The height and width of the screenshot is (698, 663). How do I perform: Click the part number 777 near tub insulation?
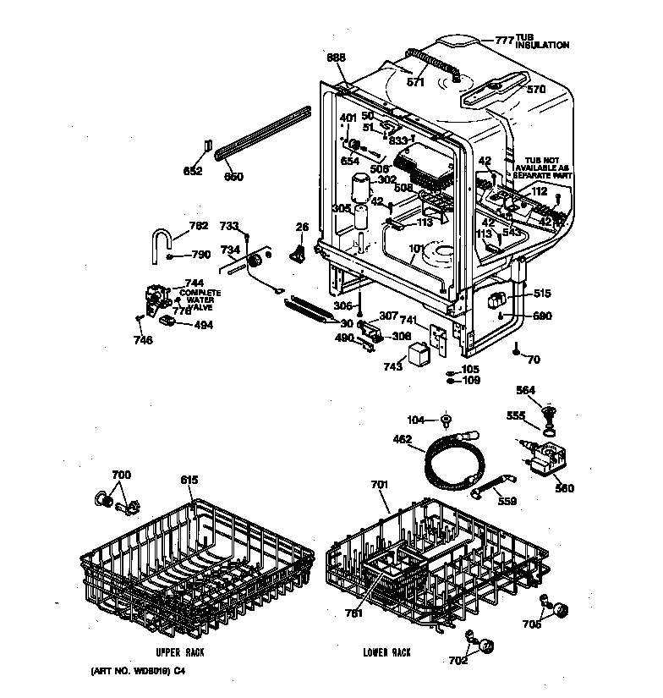tap(504, 40)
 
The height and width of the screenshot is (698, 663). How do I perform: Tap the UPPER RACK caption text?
tap(180, 652)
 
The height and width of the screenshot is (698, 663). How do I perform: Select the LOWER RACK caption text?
tap(386, 652)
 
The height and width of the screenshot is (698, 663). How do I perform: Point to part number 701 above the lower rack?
tap(378, 486)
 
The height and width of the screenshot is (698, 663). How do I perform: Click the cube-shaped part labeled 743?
tap(419, 352)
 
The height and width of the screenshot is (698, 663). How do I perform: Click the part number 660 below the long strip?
tap(233, 177)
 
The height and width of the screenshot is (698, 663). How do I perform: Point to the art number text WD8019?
tap(139, 671)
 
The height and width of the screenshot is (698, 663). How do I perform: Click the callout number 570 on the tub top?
tap(536, 88)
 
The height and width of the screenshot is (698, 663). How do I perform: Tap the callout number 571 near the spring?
tap(415, 82)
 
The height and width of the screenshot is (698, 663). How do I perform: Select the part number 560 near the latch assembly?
tap(564, 488)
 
